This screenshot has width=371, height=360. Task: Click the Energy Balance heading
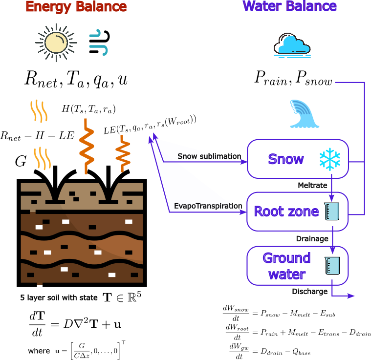[76, 7]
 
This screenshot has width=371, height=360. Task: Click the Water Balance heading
[290, 6]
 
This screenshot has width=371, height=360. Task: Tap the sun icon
[56, 42]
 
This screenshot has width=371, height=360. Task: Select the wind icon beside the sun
[99, 42]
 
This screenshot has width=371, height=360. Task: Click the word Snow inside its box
[286, 159]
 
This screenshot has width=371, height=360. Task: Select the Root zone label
[286, 211]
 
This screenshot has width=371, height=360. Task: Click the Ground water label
[286, 266]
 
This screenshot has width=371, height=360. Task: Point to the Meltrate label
[312, 186]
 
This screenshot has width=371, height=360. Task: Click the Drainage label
[311, 238]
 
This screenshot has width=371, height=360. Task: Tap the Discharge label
[310, 292]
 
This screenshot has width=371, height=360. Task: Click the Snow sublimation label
[209, 156]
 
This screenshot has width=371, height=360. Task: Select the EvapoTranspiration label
[208, 207]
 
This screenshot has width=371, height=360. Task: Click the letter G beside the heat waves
[20, 162]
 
